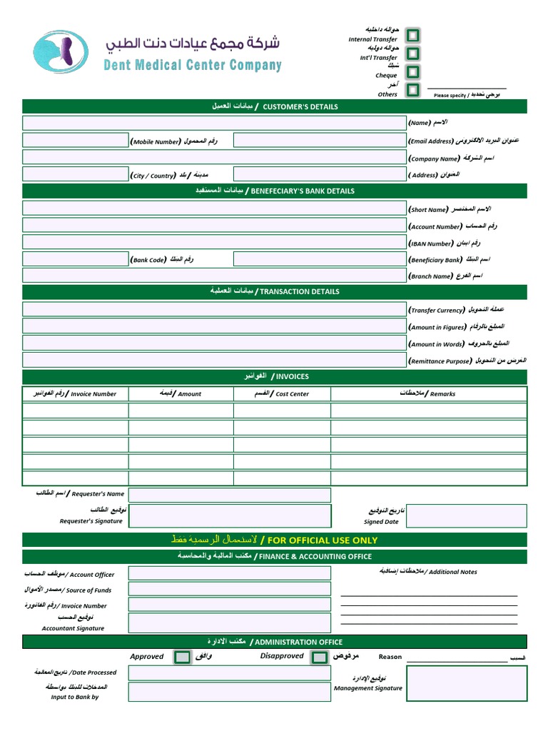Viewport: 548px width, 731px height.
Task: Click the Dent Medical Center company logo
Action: pyautogui.click(x=61, y=52)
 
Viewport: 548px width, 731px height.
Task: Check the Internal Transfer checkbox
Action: pyautogui.click(x=412, y=36)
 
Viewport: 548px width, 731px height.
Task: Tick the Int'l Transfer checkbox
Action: pyautogui.click(x=412, y=54)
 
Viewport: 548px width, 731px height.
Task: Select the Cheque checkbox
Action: pyautogui.click(x=412, y=72)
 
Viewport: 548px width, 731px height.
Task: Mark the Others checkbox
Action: pyautogui.click(x=412, y=90)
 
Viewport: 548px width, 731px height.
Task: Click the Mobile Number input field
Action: pyautogui.click(x=75, y=141)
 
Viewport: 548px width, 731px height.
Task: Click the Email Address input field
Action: pyautogui.click(x=318, y=141)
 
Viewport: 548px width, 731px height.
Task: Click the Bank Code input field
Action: pyautogui.click(x=75, y=259)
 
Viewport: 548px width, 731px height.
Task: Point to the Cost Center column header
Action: pyautogui.click(x=282, y=393)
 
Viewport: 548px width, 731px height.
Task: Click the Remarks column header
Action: pyautogui.click(x=428, y=393)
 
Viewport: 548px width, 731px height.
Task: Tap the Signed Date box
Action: pyautogui.click(x=466, y=515)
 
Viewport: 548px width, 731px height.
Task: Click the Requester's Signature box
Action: pyautogui.click(x=229, y=515)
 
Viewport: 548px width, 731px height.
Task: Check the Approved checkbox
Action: pyautogui.click(x=183, y=657)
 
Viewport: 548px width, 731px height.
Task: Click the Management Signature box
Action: pyautogui.click(x=466, y=683)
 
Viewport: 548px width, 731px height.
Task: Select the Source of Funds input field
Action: pyautogui.click(x=229, y=589)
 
